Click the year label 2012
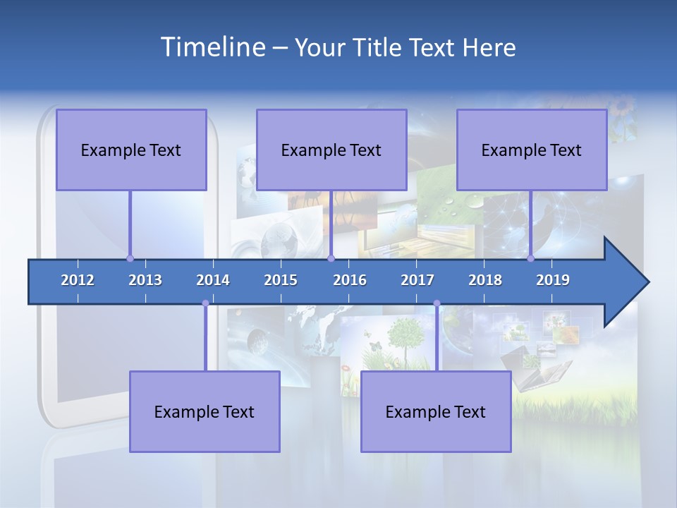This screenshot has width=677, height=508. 78,280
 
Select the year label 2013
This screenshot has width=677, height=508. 145,280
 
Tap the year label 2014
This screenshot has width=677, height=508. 213,280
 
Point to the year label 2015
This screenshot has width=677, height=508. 281,280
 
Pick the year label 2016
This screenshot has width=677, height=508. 350,280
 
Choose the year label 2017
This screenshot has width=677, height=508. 417,280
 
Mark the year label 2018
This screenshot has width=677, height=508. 485,280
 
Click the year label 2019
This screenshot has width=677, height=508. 553,280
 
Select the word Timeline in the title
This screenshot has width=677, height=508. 212,47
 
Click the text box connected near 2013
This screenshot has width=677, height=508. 131,150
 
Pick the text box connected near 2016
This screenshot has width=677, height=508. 331,150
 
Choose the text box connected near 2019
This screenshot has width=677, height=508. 532,150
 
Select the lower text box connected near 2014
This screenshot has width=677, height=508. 205,411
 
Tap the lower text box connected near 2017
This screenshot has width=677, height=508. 436,411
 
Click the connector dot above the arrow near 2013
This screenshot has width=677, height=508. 130,258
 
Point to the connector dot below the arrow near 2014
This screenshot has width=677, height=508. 205,303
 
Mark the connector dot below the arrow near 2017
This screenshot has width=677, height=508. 437,303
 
